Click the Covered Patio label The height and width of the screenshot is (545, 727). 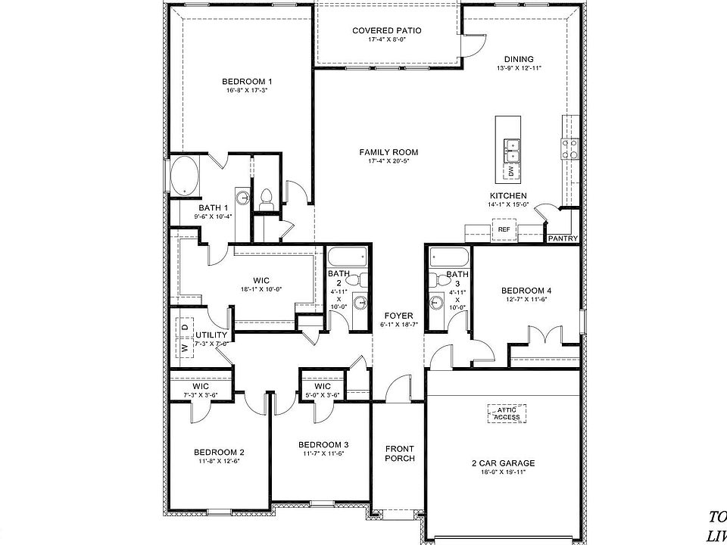386,31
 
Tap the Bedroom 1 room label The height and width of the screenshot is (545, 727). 247,82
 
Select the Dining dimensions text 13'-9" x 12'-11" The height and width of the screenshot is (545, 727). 519,68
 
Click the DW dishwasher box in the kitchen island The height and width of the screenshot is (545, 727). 511,172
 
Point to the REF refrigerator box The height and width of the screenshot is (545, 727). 504,229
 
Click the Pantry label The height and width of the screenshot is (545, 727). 563,238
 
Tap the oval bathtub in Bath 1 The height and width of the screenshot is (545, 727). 185,176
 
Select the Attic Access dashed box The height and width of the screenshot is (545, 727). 507,413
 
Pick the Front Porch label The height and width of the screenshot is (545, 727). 399,453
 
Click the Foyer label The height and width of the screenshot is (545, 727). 398,316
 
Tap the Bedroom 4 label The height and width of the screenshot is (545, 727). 526,290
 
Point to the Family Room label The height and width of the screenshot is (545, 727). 388,152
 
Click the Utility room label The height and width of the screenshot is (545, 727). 211,335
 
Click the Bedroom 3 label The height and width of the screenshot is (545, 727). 323,444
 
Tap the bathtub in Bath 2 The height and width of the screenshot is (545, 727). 348,257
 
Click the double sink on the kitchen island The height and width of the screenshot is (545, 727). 512,150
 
